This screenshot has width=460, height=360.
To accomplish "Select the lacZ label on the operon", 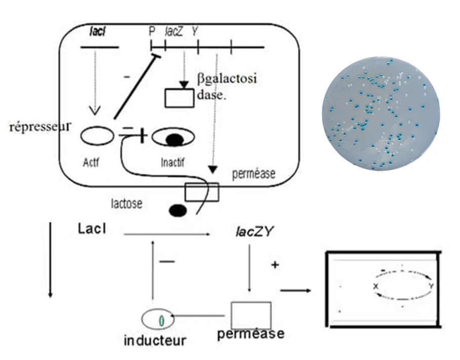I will click(171, 31).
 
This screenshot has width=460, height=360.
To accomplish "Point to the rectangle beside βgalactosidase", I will click(179, 98).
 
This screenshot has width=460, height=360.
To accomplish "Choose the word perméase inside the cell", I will click(254, 174).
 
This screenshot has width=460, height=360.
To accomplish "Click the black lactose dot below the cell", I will click(179, 210).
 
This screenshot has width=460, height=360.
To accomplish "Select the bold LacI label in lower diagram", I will click(93, 229).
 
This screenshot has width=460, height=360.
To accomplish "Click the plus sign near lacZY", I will click(275, 265).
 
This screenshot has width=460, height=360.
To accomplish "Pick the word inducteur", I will click(155, 339).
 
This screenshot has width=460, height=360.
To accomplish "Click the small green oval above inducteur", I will click(162, 319).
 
